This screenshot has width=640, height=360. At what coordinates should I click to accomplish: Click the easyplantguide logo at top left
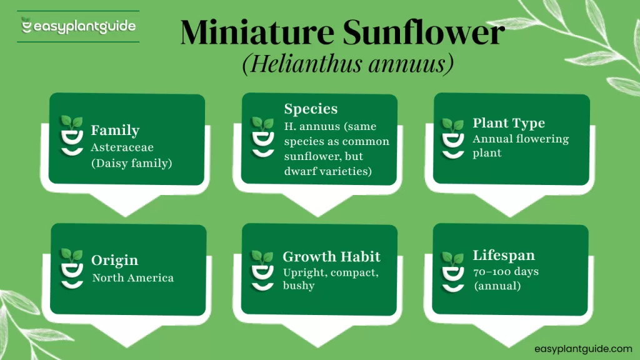click(78, 27)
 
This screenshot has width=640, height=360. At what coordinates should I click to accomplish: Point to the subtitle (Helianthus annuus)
click(347, 65)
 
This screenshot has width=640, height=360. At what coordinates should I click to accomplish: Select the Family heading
click(115, 131)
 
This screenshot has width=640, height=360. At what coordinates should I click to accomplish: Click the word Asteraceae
click(122, 147)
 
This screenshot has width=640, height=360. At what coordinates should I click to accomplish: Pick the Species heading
click(311, 109)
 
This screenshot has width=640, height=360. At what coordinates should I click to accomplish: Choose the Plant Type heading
click(509, 123)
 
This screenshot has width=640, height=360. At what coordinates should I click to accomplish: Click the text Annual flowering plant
click(520, 146)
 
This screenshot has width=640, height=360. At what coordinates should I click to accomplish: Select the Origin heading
click(114, 261)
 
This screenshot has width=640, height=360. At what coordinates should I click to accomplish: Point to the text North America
click(132, 278)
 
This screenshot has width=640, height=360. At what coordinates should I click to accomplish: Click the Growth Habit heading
click(331, 257)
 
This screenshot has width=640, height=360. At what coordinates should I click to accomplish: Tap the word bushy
click(299, 286)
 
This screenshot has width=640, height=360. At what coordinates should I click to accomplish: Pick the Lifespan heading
click(504, 256)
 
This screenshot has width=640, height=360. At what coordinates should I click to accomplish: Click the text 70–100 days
click(506, 272)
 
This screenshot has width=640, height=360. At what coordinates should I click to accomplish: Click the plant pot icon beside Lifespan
click(452, 270)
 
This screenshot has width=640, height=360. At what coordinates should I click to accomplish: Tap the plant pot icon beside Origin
click(71, 267)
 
